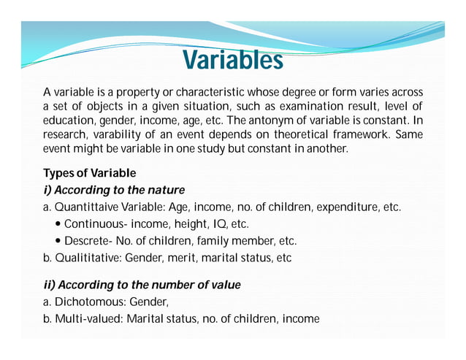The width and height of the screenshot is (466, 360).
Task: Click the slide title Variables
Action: (x=232, y=60)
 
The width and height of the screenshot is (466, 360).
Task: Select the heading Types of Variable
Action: (x=89, y=173)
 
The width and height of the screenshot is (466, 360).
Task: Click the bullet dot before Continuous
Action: (x=58, y=224)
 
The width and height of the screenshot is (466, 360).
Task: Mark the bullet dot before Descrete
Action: (x=58, y=241)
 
